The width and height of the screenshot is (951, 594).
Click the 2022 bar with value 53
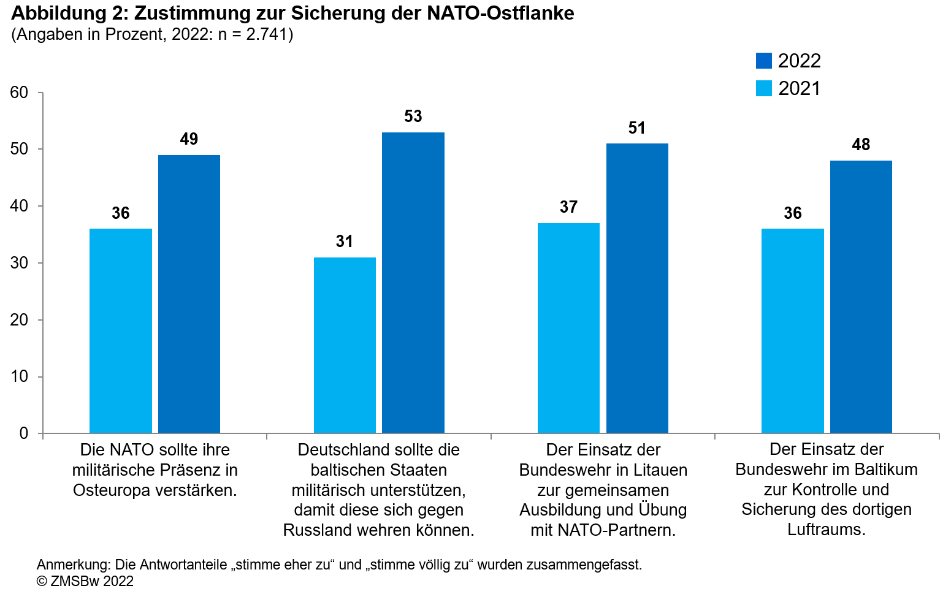[413, 282]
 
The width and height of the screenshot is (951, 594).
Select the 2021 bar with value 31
[345, 345]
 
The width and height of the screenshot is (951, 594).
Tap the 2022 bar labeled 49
[189, 294]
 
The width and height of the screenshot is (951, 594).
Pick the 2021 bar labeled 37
[568, 328]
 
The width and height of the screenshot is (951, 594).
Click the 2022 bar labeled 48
[861, 297]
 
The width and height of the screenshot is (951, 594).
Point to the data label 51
[637, 128]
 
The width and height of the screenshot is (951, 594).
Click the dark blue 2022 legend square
[763, 61]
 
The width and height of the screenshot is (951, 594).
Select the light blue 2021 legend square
[763, 88]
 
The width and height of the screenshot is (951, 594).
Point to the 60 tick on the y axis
[20, 93]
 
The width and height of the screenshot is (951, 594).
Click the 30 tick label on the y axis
[20, 263]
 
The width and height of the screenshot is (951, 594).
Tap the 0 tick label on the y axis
[24, 433]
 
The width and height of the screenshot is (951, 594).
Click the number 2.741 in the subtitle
[267, 34]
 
